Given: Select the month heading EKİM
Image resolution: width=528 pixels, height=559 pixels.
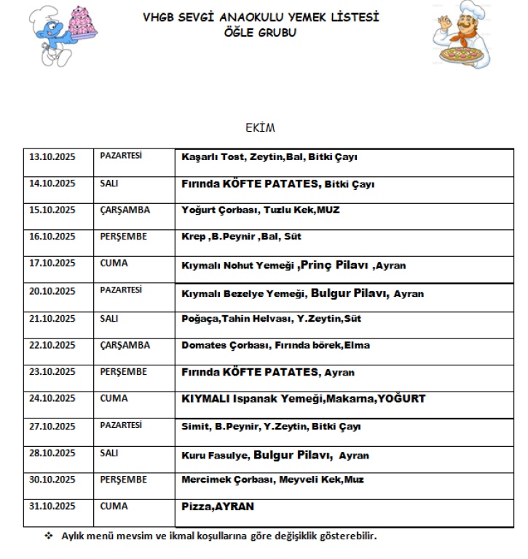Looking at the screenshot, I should click(261, 128).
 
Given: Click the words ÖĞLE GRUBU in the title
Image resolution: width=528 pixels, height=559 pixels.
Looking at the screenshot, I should click(261, 33).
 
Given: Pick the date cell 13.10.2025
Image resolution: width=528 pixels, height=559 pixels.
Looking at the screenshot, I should click(52, 156).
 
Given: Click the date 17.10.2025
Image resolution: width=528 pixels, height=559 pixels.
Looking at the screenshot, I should click(52, 263).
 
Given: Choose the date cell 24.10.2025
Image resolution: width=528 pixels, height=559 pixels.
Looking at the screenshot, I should click(52, 398).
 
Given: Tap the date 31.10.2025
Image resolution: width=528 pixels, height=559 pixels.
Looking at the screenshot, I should click(52, 506).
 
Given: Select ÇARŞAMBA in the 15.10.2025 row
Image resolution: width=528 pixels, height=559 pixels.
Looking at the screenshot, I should click(125, 210).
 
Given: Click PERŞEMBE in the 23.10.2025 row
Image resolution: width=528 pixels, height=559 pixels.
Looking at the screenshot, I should click(124, 372).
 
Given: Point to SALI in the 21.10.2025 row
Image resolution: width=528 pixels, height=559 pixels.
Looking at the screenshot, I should click(109, 318).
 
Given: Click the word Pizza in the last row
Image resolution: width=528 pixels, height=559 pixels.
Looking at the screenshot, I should click(196, 506).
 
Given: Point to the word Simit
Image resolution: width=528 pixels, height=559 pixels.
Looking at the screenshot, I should click(194, 427).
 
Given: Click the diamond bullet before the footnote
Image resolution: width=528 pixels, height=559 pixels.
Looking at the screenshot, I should click(49, 536).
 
